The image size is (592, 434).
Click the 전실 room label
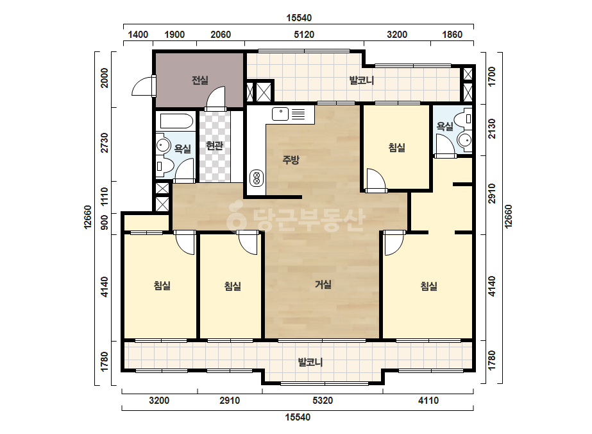coord(199,80)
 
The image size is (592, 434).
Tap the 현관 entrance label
coord(214,146)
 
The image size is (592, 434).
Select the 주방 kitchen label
coord(291,159)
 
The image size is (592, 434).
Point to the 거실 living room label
coord(323,284)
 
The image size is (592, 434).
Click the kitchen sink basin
coord(280,114)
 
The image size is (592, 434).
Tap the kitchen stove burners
coord(257,178)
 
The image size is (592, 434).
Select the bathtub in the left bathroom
coord(176,121)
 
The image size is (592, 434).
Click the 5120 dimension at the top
coord(304,35)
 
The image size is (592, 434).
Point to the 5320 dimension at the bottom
coord(323,401)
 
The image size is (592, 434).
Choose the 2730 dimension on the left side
coord(105,143)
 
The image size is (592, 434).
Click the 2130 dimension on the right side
coord(491,128)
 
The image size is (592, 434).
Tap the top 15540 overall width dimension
coord(299,18)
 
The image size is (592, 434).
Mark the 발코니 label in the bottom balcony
coord(310,362)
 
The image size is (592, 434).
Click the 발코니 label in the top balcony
coord(361,80)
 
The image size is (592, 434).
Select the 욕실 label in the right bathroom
coord(444,126)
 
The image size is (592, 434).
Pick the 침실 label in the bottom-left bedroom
coord(162,285)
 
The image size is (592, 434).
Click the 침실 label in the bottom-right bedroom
coord(428,286)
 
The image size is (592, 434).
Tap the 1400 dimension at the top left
coord(138,35)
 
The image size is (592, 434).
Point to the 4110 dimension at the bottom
coord(428,401)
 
